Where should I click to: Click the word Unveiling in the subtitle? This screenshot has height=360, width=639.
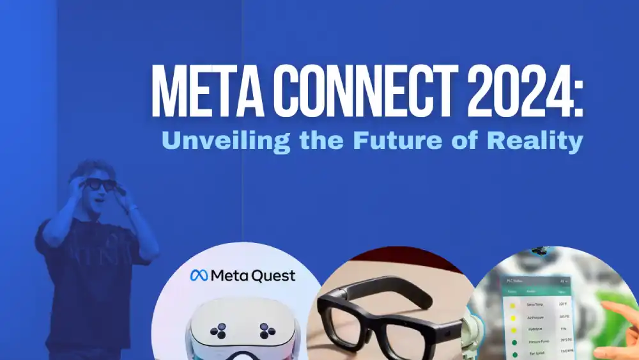pyautogui.click(x=217, y=141)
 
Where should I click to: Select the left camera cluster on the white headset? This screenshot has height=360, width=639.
pyautogui.click(x=220, y=330)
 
